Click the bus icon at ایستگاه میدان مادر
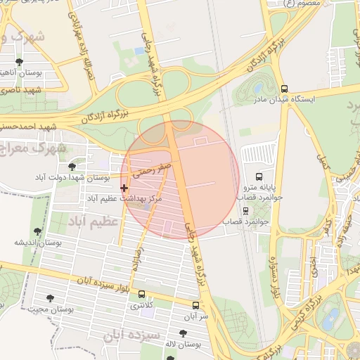coord(284,89)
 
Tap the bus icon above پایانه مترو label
coord(259,176)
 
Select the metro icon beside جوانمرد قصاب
coord(245,210)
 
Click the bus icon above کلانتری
coord(143,295)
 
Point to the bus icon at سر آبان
coord(195,306)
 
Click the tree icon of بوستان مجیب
coord(51,299)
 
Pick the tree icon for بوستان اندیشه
coord(37,231)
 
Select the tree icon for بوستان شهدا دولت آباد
coord(72,167)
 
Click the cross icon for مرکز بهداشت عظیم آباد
coord(124,188)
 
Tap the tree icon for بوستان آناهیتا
coord(18,62)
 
